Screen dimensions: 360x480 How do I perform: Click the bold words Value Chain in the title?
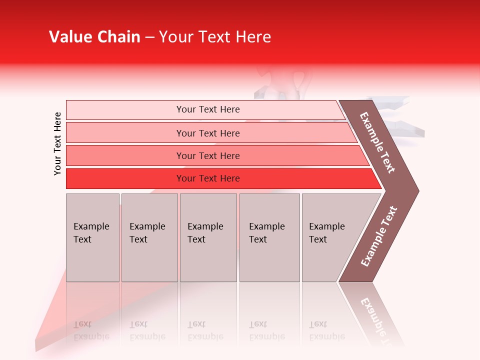tap(94, 37)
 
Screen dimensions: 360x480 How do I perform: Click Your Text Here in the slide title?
tap(215, 37)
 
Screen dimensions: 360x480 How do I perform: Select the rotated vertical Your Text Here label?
tap(57, 143)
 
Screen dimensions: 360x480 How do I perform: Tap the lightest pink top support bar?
tap(207, 109)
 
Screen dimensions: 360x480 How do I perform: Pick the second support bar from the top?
tap(207, 133)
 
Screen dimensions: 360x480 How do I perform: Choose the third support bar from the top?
tap(207, 155)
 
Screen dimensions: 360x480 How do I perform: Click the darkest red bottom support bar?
tap(207, 178)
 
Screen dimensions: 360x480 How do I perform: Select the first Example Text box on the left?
tap(92, 237)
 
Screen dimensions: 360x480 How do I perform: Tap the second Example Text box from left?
tap(149, 237)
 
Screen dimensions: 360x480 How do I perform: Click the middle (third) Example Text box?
tap(208, 237)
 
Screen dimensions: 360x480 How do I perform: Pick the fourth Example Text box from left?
tap(269, 237)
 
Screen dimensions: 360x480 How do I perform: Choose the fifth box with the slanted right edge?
tap(332, 237)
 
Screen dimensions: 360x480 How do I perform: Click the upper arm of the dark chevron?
tap(377, 142)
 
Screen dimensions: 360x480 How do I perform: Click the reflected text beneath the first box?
tap(91, 330)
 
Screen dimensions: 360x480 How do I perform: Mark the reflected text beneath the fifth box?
tap(327, 330)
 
